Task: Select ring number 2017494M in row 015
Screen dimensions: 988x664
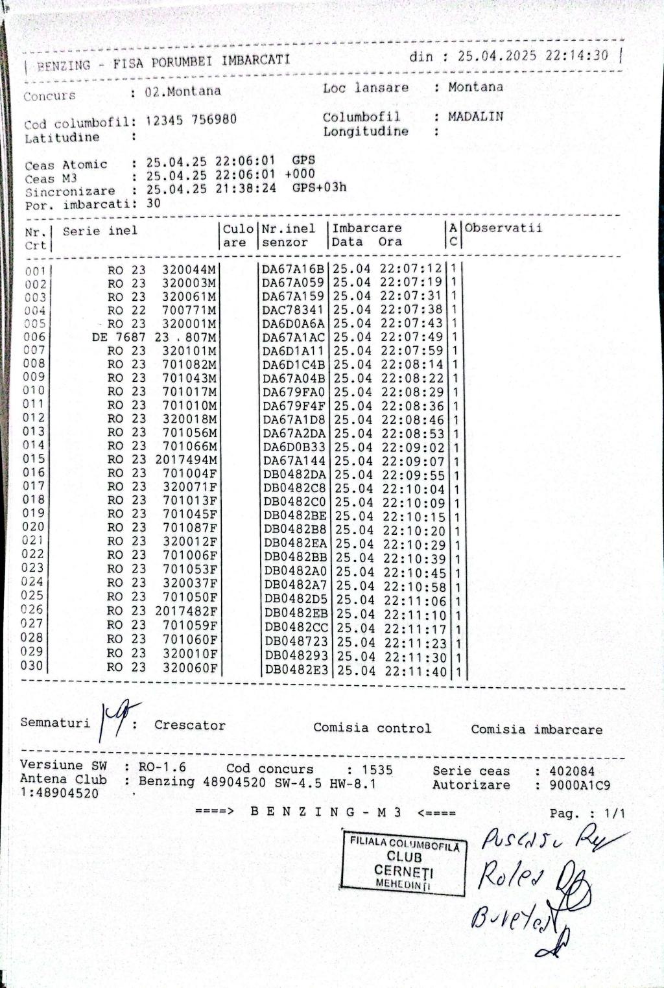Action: tap(186, 460)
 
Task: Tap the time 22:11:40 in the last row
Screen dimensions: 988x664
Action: tap(416, 672)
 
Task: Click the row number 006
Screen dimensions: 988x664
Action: tap(35, 336)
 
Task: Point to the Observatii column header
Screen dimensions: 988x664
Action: tap(503, 228)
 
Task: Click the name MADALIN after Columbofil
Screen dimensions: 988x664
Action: tap(475, 117)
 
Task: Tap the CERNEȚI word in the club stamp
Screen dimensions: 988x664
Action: tap(403, 871)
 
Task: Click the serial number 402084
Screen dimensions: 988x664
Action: tap(571, 771)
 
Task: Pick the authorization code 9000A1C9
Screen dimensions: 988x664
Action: tap(579, 785)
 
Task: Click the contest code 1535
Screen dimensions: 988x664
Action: tap(377, 770)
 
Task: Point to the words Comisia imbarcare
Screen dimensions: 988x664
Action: tap(536, 729)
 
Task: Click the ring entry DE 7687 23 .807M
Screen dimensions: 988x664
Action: tap(154, 337)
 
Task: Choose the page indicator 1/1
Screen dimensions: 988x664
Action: tap(614, 813)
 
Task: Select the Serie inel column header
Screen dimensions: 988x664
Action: tap(100, 231)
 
